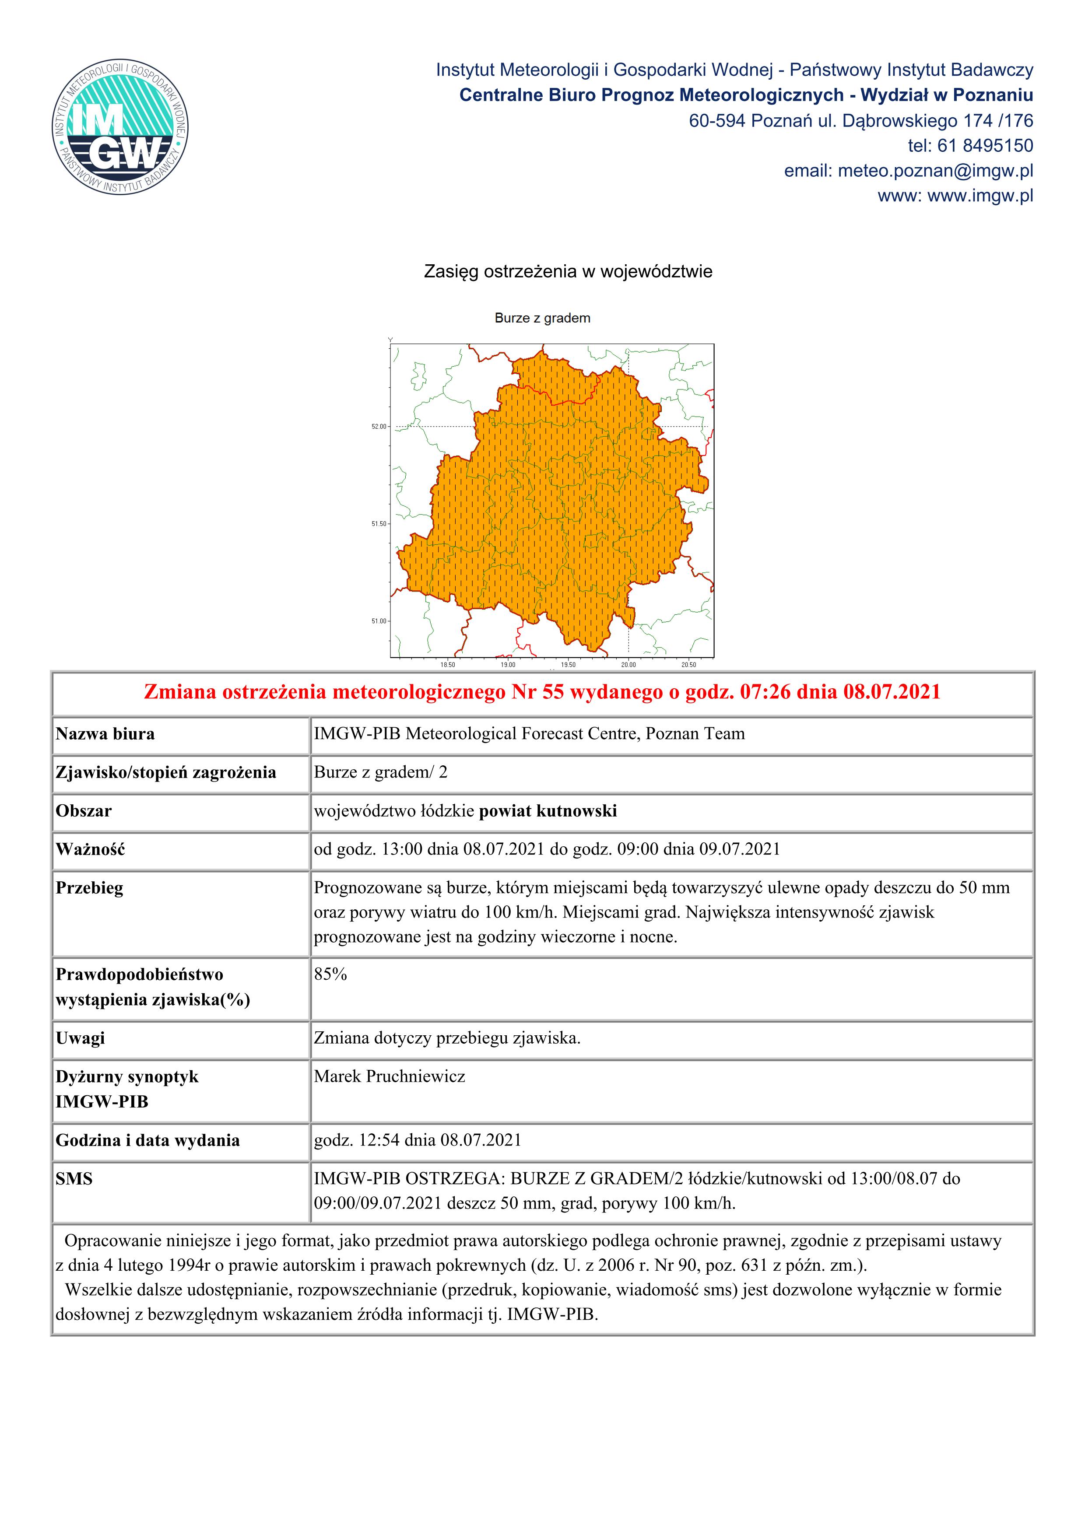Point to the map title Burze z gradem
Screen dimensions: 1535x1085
542,318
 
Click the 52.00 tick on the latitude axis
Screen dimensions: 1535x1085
379,427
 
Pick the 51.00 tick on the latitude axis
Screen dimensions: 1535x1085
379,621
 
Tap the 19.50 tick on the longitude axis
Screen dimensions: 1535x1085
568,665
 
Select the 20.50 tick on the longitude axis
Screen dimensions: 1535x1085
688,665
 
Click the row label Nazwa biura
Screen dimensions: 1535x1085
105,734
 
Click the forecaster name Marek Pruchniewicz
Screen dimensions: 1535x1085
389,1076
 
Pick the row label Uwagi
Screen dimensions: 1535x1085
80,1038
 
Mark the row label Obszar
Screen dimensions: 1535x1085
84,811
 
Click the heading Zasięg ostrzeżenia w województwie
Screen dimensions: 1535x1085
568,271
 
